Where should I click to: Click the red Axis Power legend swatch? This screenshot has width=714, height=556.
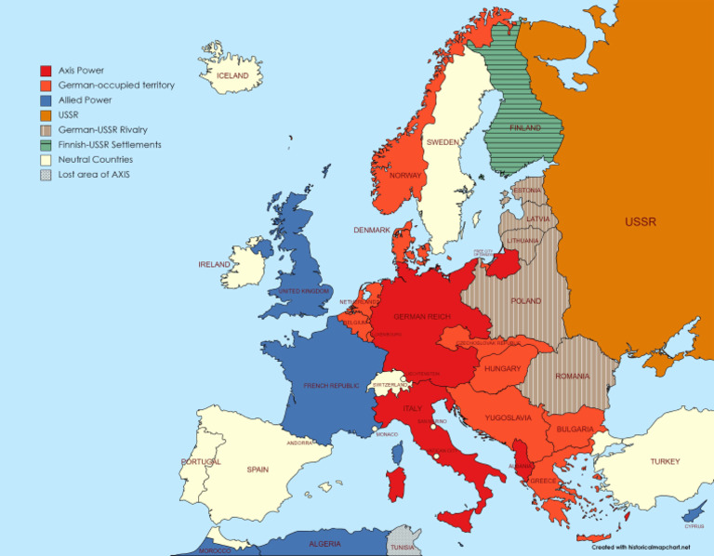coord(45,71)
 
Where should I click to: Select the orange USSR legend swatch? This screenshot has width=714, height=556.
coord(45,115)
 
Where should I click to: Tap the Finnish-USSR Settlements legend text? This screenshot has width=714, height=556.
coord(110,145)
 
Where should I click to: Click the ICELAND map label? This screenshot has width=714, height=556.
coord(232,75)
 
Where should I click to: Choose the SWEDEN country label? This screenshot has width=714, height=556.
coord(442,142)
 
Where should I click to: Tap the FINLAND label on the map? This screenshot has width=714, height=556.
coord(525,128)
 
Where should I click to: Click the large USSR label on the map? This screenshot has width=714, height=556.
coord(640,222)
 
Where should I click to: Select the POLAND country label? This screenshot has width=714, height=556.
coord(525,301)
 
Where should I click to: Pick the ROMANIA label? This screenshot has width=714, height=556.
coord(572,377)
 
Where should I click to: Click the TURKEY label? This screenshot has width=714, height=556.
coord(665,461)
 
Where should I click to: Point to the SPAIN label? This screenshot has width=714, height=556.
coord(258,470)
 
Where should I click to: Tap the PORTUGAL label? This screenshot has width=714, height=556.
coord(201,462)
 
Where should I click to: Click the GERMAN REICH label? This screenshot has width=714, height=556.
coord(421,317)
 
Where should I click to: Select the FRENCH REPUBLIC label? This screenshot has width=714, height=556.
coord(331,385)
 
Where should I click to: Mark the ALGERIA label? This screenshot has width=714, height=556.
coord(324,544)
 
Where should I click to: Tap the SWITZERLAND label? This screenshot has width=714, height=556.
coord(390,384)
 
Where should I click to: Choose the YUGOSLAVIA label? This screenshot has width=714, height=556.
coord(508,418)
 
